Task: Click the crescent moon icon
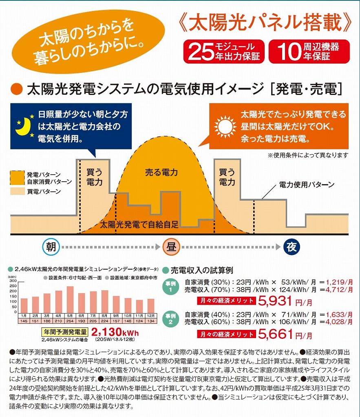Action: (22, 126)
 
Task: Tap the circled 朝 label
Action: (51, 247)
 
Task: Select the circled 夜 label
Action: (292, 247)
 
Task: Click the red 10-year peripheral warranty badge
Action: (309, 52)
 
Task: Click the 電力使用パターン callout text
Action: (307, 185)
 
